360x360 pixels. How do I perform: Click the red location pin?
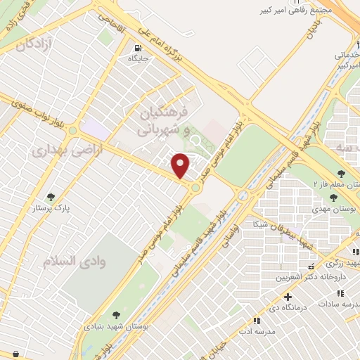point(181,165)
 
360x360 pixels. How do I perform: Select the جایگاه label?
point(139,59)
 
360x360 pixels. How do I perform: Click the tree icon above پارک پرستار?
point(50,198)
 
